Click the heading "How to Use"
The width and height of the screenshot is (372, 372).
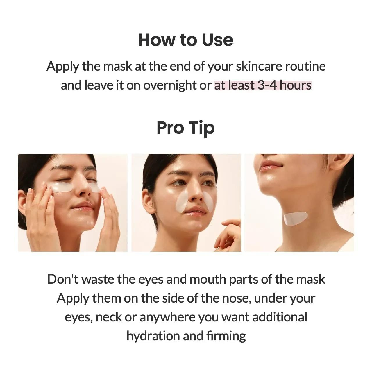[x=185, y=40]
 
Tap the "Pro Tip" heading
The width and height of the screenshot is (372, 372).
[x=185, y=128]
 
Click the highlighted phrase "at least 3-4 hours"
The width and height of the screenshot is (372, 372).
[x=263, y=85]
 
